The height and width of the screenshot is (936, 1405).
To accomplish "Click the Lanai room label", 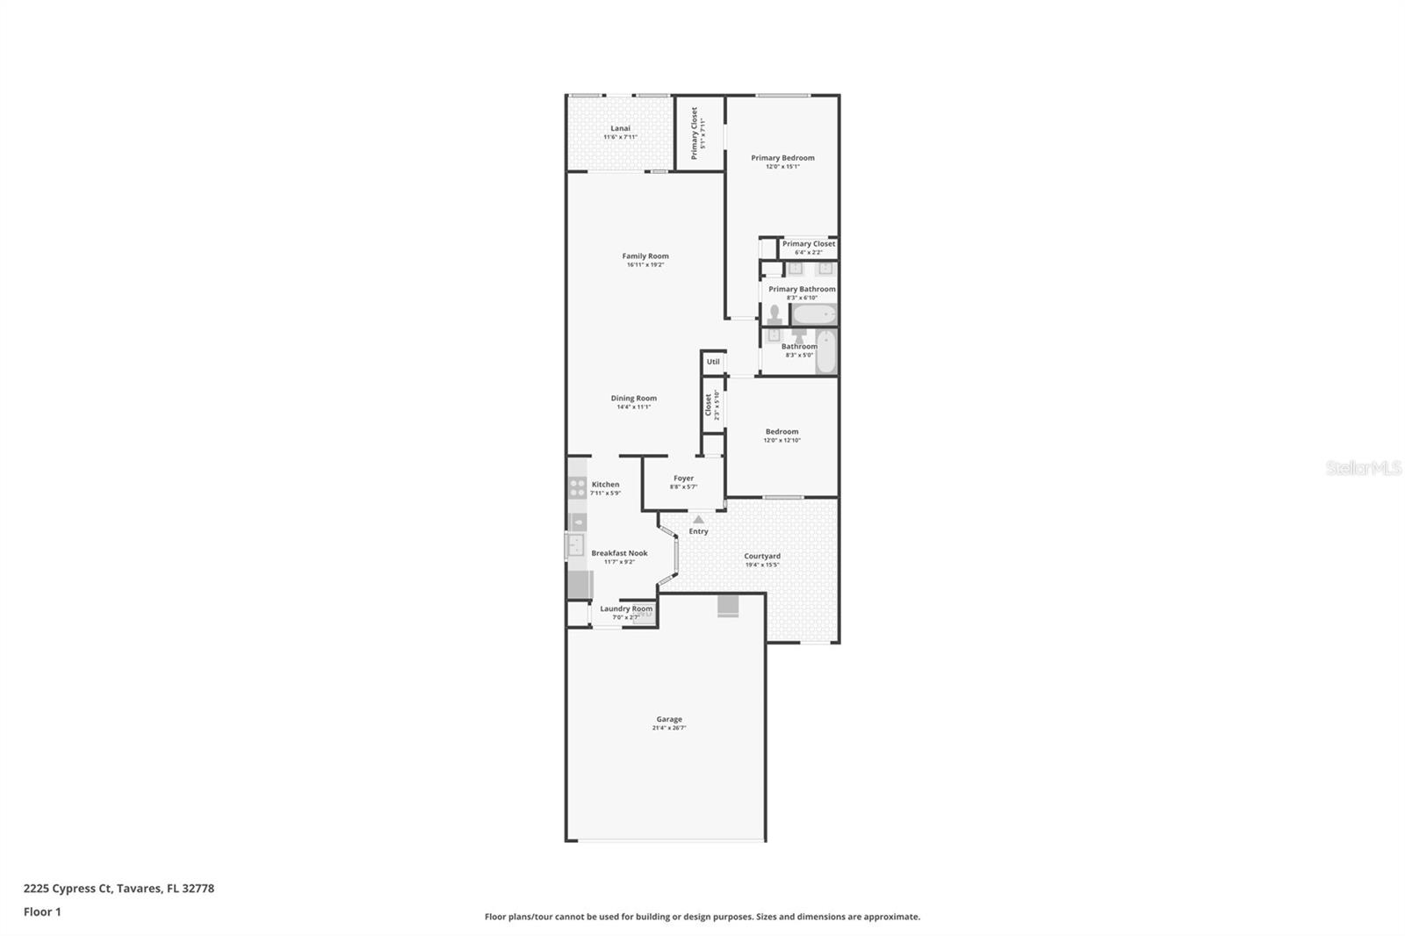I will coord(620,128).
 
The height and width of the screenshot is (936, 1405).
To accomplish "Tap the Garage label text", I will coord(668,719).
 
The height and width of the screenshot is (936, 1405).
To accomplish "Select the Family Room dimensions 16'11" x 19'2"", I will coord(645,265).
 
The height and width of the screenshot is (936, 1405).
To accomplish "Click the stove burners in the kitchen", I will coord(577,488).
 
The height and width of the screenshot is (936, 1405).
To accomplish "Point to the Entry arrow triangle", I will coord(698,520).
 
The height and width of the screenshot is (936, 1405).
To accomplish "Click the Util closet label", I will coord(713,362).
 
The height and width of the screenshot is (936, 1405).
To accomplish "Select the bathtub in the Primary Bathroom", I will coord(814,315).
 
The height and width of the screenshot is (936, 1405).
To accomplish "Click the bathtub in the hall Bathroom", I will coord(826,351).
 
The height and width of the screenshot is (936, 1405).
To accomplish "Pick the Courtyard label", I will coord(761,556).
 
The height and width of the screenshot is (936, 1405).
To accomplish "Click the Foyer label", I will coord(683,479).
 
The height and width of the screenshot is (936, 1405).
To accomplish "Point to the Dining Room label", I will coord(633,398).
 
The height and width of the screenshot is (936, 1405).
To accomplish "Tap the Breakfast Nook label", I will coord(619,553).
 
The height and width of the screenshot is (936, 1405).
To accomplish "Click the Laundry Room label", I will coord(626,608).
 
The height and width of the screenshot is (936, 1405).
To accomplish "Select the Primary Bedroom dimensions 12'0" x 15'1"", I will coord(782,167).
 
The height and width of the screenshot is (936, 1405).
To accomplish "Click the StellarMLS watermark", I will coord(1363,468).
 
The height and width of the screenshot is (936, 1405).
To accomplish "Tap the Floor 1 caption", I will coord(42,912).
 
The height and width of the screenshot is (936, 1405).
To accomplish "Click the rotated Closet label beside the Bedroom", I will coord(709,405).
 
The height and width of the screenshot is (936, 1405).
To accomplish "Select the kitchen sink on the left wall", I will coord(575,545).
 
